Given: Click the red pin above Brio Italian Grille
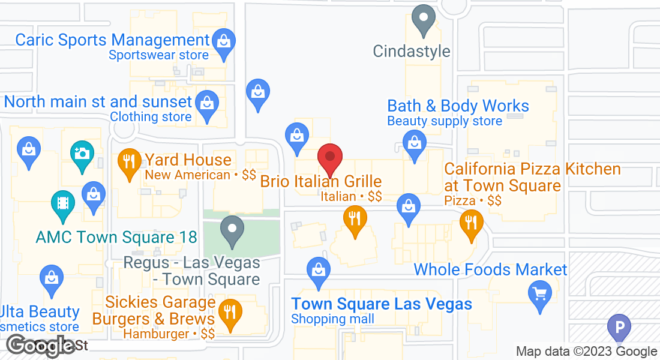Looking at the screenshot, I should coord(329,158).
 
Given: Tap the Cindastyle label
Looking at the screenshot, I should coord(411,52).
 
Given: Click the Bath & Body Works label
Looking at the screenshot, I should coord(458,106).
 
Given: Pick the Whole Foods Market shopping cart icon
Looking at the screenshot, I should coord(540,294).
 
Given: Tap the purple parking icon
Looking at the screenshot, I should coord(619,328).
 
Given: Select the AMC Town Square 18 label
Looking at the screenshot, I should coord(116,237).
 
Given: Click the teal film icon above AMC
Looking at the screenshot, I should coord(62,202).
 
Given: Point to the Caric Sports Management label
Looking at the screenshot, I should coord(112,40).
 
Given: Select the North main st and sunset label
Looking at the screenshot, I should coord(98,101).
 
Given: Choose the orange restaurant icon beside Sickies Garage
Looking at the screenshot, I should coord(229,312).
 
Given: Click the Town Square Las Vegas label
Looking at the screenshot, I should coord(382,304).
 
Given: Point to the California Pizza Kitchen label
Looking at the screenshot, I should coord(532,177).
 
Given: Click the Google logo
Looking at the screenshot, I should coord(41,346).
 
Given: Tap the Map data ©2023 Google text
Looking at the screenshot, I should coord(586,352).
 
